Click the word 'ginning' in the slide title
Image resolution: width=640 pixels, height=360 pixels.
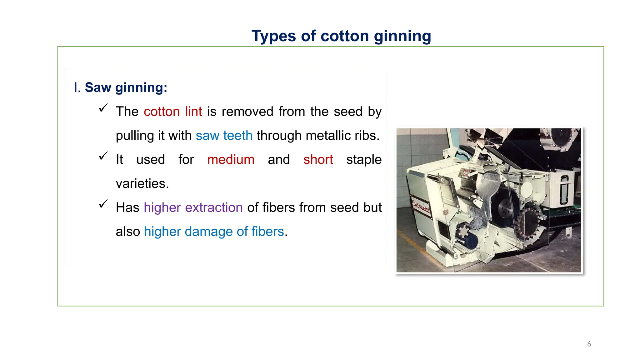(x=402, y=37)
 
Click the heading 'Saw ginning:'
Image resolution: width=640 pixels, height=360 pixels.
(x=126, y=87)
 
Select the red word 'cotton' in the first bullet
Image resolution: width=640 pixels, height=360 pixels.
(x=162, y=112)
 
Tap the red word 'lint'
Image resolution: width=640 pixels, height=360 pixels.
(x=193, y=112)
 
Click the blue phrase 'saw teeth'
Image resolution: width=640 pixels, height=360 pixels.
(x=224, y=136)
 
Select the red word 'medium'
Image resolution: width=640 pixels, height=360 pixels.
(x=231, y=160)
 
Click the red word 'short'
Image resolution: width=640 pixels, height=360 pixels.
(x=318, y=160)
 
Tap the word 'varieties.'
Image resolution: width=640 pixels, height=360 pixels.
(x=142, y=184)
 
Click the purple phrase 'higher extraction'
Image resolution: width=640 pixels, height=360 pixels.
(x=193, y=207)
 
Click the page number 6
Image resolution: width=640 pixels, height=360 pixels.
(x=589, y=344)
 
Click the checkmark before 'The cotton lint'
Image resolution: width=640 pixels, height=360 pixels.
(x=103, y=108)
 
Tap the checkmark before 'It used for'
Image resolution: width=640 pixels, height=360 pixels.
(x=103, y=156)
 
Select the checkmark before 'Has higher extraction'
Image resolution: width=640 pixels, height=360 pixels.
(x=103, y=204)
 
